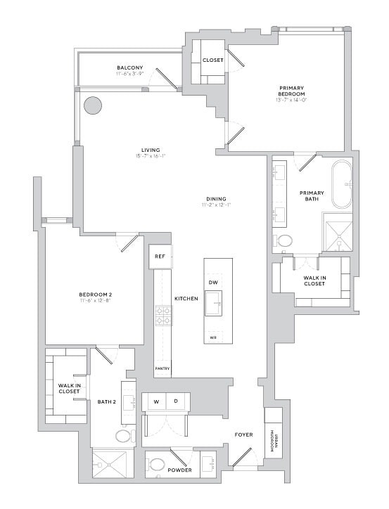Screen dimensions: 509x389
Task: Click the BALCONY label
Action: pyautogui.click(x=130, y=68)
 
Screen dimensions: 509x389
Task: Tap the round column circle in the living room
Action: pyautogui.click(x=93, y=106)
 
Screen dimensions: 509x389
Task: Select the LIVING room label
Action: pyautogui.click(x=151, y=150)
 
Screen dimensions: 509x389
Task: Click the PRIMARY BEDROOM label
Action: pyautogui.click(x=291, y=91)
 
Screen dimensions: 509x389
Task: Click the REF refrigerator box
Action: pyautogui.click(x=160, y=257)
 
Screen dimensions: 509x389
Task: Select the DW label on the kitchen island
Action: pyautogui.click(x=213, y=283)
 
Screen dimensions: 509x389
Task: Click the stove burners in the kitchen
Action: pyautogui.click(x=162, y=316)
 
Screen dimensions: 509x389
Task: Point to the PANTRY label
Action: pyautogui.click(x=162, y=368)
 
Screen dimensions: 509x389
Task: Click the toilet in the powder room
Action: pyautogui.click(x=157, y=465)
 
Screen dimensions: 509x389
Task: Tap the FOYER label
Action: pyautogui.click(x=243, y=435)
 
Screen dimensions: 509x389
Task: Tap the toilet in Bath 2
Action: pyautogui.click(x=124, y=436)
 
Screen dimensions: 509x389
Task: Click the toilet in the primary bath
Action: pyautogui.click(x=285, y=240)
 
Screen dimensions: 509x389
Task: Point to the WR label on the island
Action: pyautogui.click(x=213, y=337)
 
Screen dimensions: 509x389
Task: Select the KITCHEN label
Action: pyautogui.click(x=186, y=299)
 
